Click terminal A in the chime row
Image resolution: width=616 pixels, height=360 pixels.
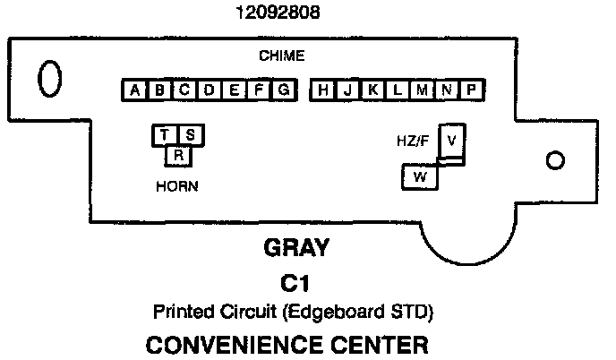tap(134, 90)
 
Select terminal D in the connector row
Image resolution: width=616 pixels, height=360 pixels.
tap(209, 90)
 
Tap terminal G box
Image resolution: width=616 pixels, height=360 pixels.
tap(283, 90)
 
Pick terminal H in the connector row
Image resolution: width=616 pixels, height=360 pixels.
tap(323, 90)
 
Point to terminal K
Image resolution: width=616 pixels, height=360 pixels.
tap(372, 90)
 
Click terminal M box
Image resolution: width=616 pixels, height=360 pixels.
tap(422, 90)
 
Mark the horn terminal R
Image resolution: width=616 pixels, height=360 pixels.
tap(178, 155)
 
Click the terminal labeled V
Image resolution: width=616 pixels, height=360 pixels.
tap(452, 141)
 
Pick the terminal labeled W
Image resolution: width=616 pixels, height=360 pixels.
tap(419, 176)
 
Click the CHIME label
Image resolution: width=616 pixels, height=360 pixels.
tap(281, 56)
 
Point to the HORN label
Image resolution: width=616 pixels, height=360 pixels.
tap(176, 186)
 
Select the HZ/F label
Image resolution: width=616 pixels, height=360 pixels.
tap(413, 141)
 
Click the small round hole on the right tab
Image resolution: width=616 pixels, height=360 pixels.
tap(555, 160)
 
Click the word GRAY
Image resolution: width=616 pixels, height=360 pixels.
tap(296, 248)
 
